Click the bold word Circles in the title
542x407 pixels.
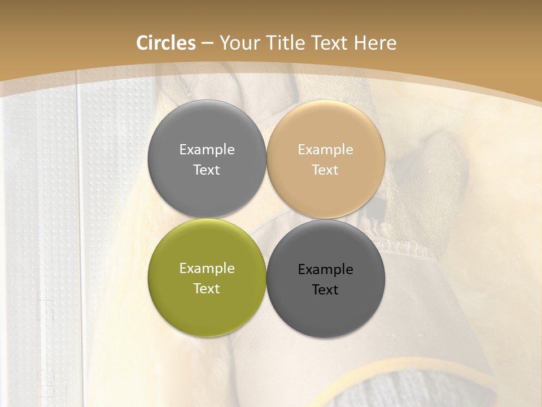click(x=166, y=43)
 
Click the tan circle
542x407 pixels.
click(x=326, y=159)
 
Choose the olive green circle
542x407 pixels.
click(x=207, y=278)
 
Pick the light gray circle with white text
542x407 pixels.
click(x=207, y=159)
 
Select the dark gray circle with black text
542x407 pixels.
click(x=326, y=279)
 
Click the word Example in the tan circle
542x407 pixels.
click(x=325, y=150)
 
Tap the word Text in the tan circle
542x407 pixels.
click(x=325, y=170)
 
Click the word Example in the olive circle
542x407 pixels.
click(x=207, y=269)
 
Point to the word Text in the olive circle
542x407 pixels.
click(x=207, y=289)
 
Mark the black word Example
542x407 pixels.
click(x=325, y=270)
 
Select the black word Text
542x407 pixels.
click(x=325, y=290)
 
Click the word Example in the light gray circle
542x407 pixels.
click(x=207, y=150)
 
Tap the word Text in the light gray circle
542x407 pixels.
click(x=207, y=170)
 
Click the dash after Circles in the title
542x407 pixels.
click(x=207, y=44)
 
